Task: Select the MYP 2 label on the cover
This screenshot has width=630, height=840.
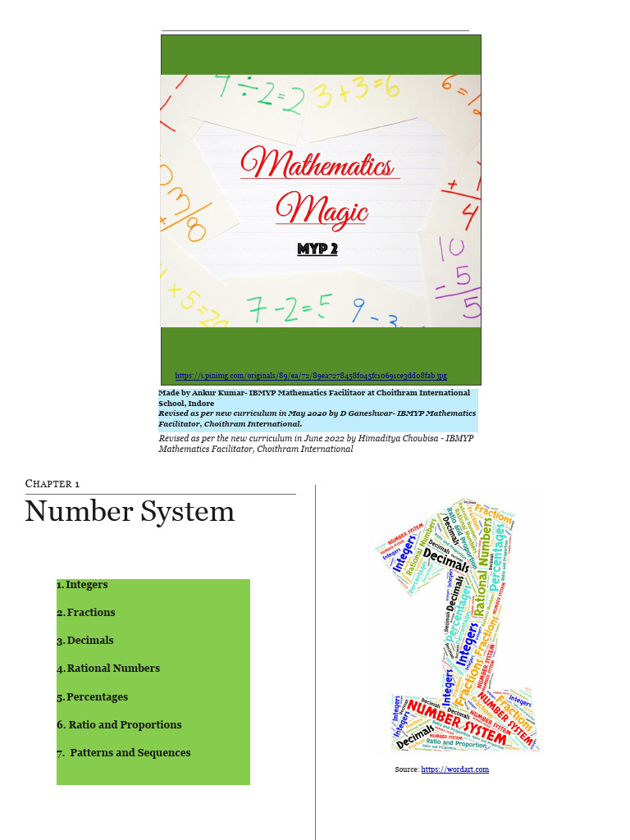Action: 317,249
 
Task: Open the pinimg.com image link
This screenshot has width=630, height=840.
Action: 311,376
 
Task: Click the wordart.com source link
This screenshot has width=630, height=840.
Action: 454,769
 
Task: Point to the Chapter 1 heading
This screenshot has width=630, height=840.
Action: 52,484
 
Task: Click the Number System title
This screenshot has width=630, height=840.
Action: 130,512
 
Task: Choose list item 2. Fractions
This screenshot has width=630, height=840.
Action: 86,613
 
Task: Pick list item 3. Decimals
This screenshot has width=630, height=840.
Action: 85,641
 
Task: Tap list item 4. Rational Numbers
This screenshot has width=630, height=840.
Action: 108,669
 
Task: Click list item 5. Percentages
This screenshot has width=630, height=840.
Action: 93,697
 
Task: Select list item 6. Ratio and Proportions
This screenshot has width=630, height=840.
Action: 119,725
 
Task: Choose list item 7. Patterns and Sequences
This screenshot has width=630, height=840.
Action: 124,753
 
